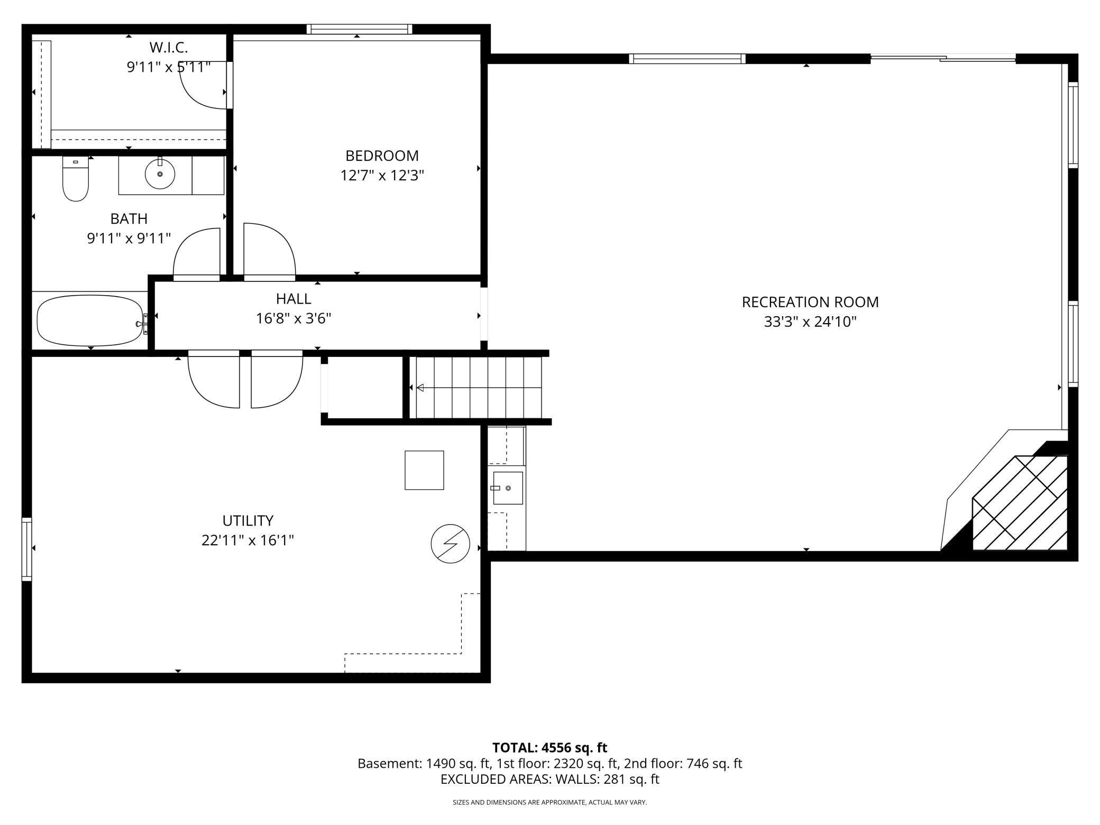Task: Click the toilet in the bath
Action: [76, 180]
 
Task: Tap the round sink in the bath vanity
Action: [160, 173]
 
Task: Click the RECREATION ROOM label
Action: [810, 302]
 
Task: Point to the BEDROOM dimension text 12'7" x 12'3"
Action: [382, 175]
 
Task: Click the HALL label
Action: [294, 299]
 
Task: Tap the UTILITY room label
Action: [247, 520]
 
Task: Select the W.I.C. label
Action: [168, 48]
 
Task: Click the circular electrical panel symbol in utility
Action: [451, 544]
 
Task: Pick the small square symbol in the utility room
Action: [424, 470]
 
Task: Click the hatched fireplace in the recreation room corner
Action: [1020, 503]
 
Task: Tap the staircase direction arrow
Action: [420, 388]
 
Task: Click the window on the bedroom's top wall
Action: [359, 29]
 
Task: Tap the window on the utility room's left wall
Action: [26, 549]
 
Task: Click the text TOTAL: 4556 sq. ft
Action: [549, 747]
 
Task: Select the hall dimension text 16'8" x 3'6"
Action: [294, 319]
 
